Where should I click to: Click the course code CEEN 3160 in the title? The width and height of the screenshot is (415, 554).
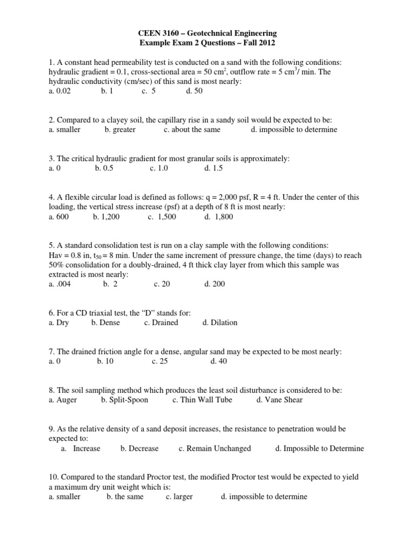160,34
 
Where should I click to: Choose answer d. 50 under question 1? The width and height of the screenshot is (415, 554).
194,91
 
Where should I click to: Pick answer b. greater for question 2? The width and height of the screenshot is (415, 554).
120,129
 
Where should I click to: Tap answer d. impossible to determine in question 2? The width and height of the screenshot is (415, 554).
294,129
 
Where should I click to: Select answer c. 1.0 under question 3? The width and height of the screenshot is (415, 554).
159,168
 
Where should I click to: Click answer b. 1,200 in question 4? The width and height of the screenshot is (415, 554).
106,216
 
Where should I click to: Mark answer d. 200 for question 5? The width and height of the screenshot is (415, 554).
215,283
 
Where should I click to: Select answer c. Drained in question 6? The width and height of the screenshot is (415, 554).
160,322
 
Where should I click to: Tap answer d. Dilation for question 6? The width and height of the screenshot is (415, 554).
219,322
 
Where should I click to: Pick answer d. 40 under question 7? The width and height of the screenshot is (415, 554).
218,361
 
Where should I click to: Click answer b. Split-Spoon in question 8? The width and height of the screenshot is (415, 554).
124,400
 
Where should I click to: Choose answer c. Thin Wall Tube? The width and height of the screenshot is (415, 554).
202,400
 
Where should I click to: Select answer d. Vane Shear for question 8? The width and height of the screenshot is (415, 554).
279,400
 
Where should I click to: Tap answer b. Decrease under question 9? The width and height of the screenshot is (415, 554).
139,449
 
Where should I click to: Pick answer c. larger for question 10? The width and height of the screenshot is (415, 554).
179,497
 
